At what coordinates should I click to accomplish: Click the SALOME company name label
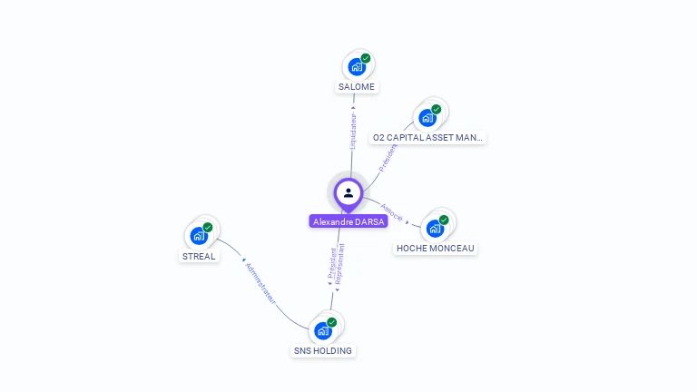point(357,87)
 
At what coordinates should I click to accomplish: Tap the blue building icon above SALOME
point(357,66)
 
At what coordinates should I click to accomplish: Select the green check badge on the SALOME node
point(366,58)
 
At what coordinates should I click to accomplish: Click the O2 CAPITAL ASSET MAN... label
point(428,138)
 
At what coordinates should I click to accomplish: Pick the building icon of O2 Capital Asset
point(427,117)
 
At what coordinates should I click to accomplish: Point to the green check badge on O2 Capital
point(437,109)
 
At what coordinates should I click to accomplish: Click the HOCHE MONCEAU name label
point(436,248)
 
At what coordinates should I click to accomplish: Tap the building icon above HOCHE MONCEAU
point(435,228)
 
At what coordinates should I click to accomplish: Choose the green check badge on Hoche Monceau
point(444,220)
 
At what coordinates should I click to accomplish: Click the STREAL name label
point(199,256)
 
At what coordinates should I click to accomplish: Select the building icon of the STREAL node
point(199,236)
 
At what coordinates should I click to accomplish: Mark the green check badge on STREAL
point(208,228)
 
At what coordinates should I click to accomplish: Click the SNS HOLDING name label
point(323,350)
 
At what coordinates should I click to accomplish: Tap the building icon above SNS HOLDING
point(323,330)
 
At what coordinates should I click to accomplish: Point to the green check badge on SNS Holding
point(332,322)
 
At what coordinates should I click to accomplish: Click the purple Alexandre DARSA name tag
point(348,221)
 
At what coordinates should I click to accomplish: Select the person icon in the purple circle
point(348,192)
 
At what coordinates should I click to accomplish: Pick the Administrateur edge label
point(260,282)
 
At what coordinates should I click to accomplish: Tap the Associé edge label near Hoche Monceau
point(393,211)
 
